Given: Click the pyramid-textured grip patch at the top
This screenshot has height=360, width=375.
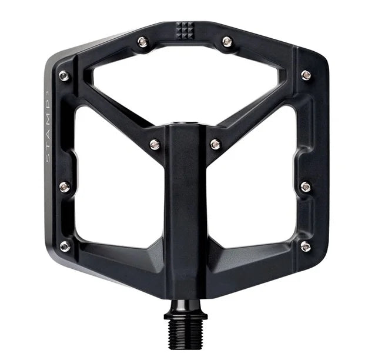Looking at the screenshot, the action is tap(185, 31).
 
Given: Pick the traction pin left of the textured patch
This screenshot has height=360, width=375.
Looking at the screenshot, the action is tap(143, 42).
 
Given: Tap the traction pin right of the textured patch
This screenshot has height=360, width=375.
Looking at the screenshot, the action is tap(227, 42).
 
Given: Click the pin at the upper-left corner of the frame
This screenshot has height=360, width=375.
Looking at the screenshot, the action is tap(64, 76).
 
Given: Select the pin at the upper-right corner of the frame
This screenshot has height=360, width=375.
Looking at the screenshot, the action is tap(306, 75).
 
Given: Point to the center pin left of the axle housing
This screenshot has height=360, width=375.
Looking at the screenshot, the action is tap(155, 145).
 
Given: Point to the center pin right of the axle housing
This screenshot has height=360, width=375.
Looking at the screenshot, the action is tap(215, 144).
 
